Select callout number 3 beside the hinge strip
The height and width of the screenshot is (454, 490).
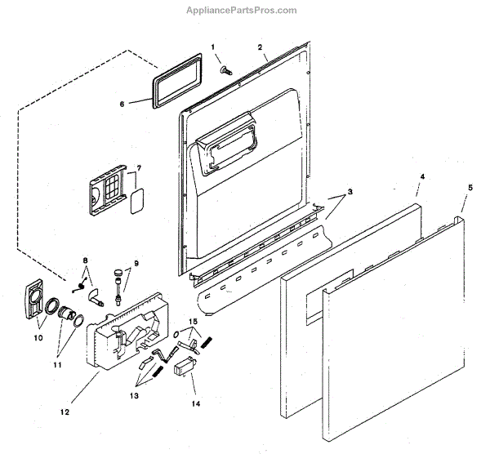[x=350, y=191]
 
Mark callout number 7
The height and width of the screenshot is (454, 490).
[x=84, y=260]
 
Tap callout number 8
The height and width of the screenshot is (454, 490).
[x=135, y=263]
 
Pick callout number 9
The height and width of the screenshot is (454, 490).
[x=37, y=336]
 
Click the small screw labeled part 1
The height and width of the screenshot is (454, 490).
[x=224, y=71]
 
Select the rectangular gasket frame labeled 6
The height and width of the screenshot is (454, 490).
[x=174, y=79]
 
